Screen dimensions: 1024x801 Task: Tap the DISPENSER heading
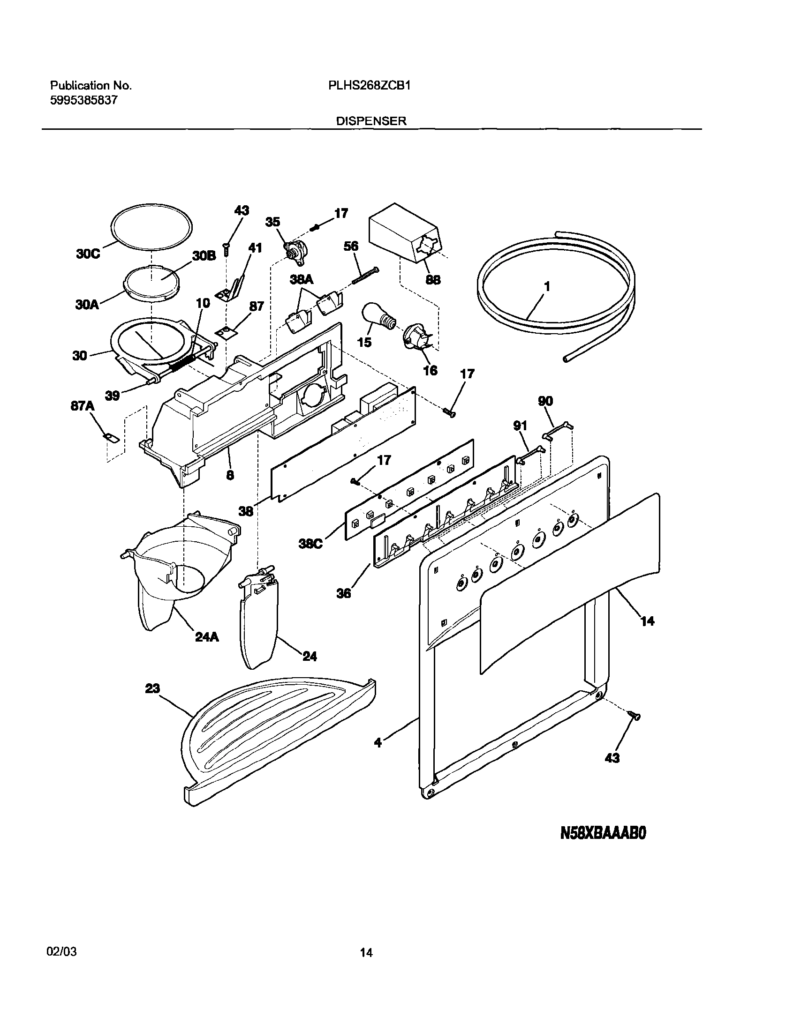click(370, 121)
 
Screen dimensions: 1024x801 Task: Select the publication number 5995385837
click(83, 100)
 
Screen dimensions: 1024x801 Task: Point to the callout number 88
click(433, 280)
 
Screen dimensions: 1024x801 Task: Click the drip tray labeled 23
click(277, 741)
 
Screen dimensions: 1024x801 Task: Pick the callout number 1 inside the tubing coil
click(547, 286)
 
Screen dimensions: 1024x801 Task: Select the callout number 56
click(351, 246)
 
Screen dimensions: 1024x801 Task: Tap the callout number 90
click(545, 401)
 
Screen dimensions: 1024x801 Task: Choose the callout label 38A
click(301, 280)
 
